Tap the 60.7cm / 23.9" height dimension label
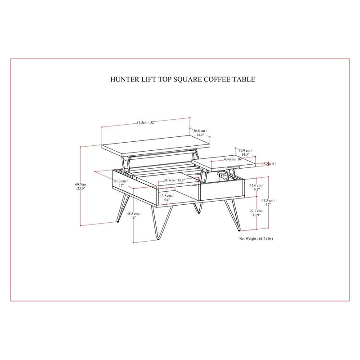(81, 186)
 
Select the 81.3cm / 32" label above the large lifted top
(145, 122)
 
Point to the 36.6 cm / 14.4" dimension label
(200, 133)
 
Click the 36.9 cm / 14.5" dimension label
(245, 153)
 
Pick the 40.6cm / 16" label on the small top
(232, 159)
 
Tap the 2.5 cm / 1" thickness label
(268, 164)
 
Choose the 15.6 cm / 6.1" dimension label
(256, 187)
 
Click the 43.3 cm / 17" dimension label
(268, 202)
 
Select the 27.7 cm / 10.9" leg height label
(256, 213)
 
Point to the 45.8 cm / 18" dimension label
(134, 216)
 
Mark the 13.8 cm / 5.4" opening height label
(166, 198)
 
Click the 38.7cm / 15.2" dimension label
(174, 180)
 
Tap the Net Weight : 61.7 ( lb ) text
(256, 239)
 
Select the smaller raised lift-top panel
(223, 163)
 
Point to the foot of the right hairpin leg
(239, 229)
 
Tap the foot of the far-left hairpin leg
(118, 221)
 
